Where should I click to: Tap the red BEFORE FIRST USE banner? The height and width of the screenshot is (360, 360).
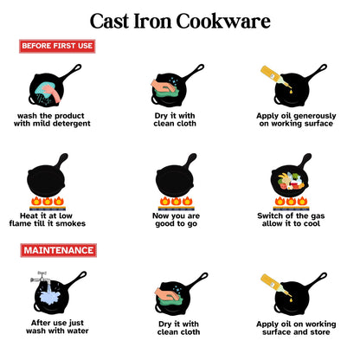57,47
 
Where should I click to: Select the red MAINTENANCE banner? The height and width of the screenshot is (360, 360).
57,249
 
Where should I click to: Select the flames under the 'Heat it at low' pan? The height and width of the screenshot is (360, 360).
48,201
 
